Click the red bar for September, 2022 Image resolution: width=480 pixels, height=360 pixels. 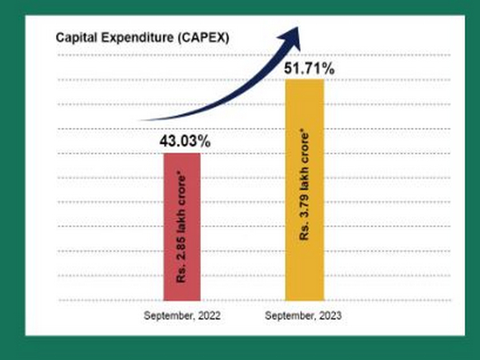coord(182,226)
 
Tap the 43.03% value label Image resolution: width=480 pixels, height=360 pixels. coord(182,141)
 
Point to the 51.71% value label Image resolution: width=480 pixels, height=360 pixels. coord(305,69)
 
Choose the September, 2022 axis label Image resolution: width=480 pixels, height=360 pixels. coord(182,316)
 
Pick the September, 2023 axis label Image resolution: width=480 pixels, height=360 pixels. coord(304,316)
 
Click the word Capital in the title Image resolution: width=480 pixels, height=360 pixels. coord(74,38)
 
